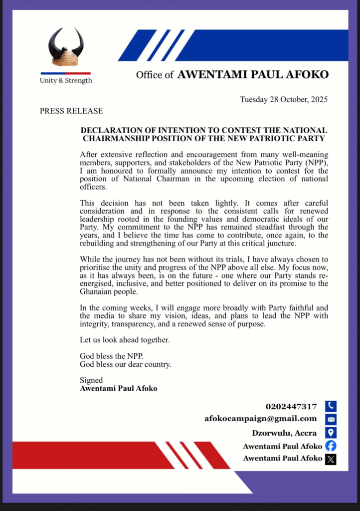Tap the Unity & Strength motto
click(66, 80)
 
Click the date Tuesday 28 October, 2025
click(284, 99)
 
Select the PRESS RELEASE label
click(71, 111)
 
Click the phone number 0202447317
click(291, 407)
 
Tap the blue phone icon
click(331, 406)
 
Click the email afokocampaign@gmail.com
click(261, 419)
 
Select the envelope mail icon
click(331, 419)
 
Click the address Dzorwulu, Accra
click(284, 433)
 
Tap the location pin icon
click(331, 433)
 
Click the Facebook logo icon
click(331, 446)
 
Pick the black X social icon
click(331, 459)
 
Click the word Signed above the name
click(91, 380)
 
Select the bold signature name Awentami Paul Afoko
click(119, 388)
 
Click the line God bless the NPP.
click(111, 356)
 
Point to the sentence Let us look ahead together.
click(125, 340)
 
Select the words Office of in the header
click(155, 75)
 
